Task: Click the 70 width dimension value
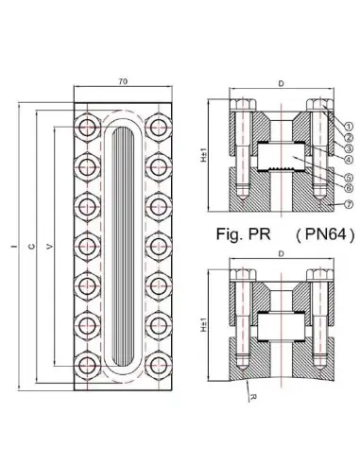click(x=123, y=81)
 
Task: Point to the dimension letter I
click(x=14, y=246)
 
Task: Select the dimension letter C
click(x=31, y=247)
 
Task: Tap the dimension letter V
click(x=49, y=247)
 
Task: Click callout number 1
click(x=348, y=127)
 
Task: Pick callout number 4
click(x=348, y=160)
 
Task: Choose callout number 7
click(x=348, y=204)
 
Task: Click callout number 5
click(x=348, y=177)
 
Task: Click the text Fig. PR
click(x=244, y=234)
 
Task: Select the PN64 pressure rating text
click(x=325, y=234)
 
